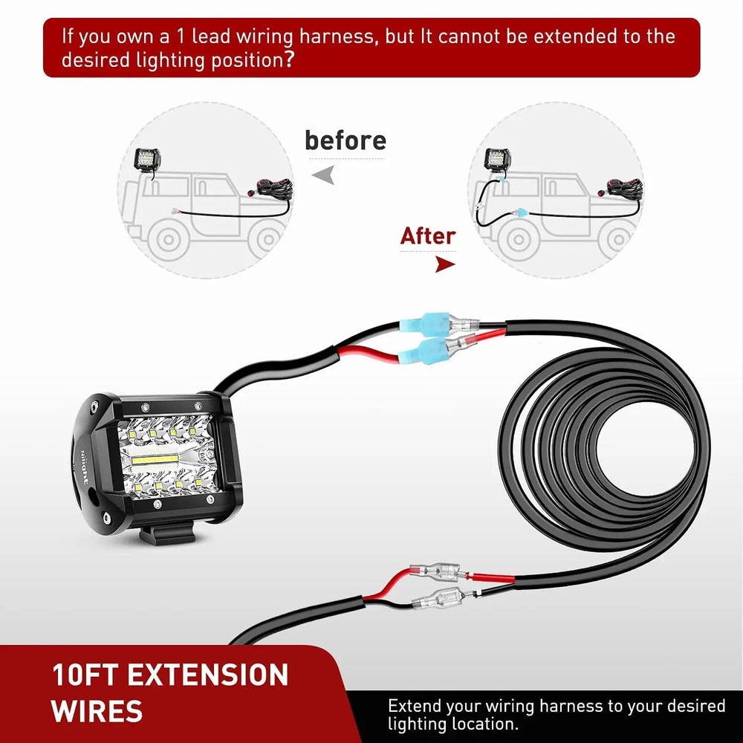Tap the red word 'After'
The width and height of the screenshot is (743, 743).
(x=427, y=236)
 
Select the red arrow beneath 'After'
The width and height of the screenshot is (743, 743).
(x=444, y=264)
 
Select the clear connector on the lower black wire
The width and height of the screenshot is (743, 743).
(x=437, y=597)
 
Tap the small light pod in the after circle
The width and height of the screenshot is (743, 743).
(x=496, y=159)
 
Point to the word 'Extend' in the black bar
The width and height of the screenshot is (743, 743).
(x=418, y=706)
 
